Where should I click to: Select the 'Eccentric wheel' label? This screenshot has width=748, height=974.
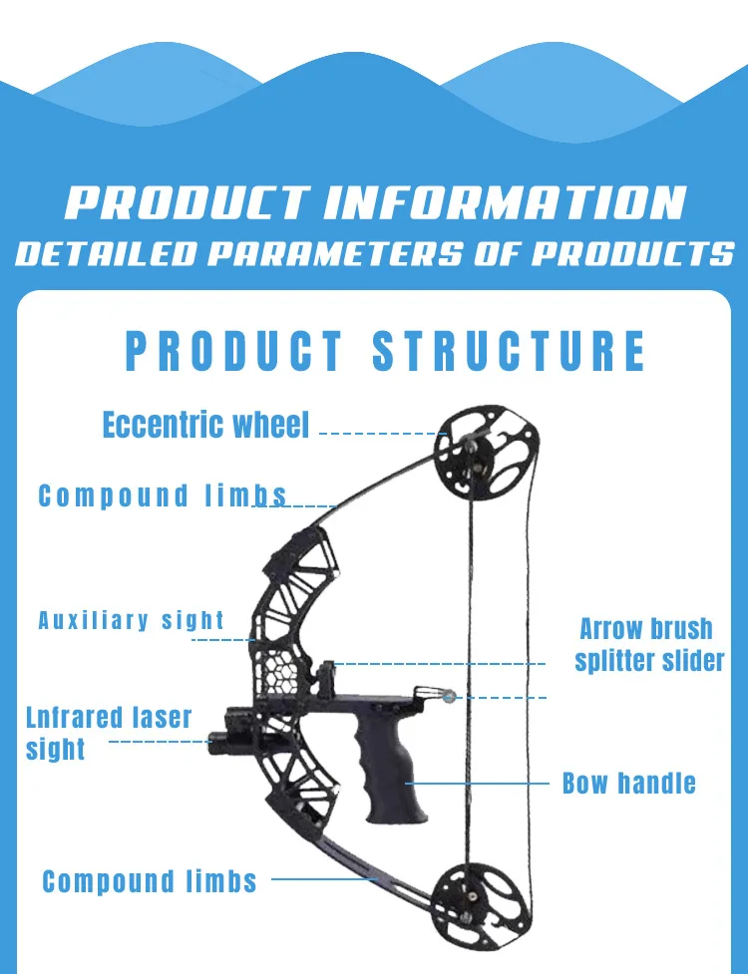[x=206, y=425]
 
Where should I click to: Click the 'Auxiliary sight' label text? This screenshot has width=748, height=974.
[x=131, y=620]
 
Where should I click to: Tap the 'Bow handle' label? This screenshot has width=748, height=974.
[x=628, y=783]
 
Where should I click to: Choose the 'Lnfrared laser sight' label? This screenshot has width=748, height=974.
[x=108, y=733]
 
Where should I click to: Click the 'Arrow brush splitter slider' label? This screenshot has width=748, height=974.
[x=648, y=644]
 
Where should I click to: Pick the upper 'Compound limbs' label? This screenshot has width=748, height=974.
[x=163, y=495]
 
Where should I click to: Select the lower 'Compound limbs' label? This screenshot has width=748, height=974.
[x=150, y=881]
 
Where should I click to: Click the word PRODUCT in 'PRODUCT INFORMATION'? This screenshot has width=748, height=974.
[x=186, y=201]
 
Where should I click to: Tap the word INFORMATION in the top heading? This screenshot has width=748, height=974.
[x=505, y=201]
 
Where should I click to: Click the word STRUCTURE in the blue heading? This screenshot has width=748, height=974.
[x=509, y=352]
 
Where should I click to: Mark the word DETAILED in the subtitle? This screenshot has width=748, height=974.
[x=106, y=253]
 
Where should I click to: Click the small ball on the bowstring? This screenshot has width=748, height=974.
[x=449, y=697]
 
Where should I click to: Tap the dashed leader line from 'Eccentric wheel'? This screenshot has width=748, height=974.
[x=379, y=434]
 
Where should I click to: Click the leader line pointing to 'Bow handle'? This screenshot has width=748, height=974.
[x=489, y=783]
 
